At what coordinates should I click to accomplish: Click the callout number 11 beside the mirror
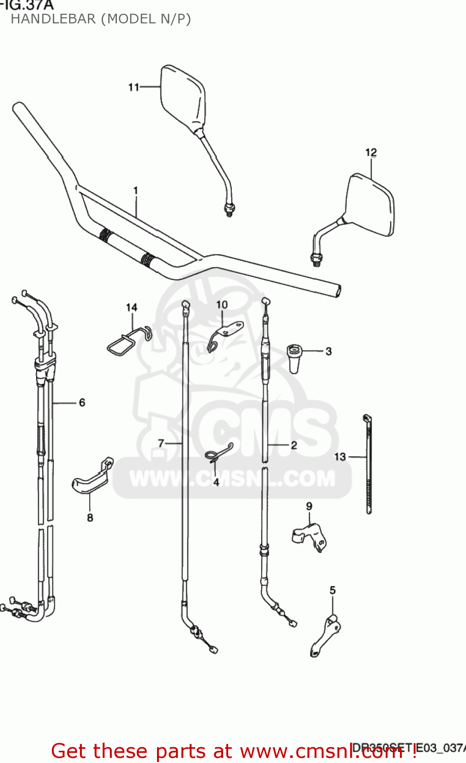pyautogui.click(x=133, y=87)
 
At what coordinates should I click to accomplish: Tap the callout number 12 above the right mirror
pyautogui.click(x=371, y=153)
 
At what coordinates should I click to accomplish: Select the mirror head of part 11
pyautogui.click(x=183, y=97)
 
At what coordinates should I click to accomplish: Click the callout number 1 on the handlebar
pyautogui.click(x=136, y=191)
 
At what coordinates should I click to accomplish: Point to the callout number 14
pyautogui.click(x=132, y=308)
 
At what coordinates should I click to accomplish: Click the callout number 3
pyautogui.click(x=329, y=351)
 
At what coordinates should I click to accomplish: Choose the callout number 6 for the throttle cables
pyautogui.click(x=82, y=403)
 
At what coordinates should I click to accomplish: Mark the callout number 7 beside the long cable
pyautogui.click(x=161, y=444)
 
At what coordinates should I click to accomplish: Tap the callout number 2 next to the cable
pyautogui.click(x=294, y=445)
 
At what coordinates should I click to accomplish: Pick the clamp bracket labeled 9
pyautogui.click(x=310, y=537)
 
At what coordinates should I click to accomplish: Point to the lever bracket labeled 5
pyautogui.click(x=325, y=636)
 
